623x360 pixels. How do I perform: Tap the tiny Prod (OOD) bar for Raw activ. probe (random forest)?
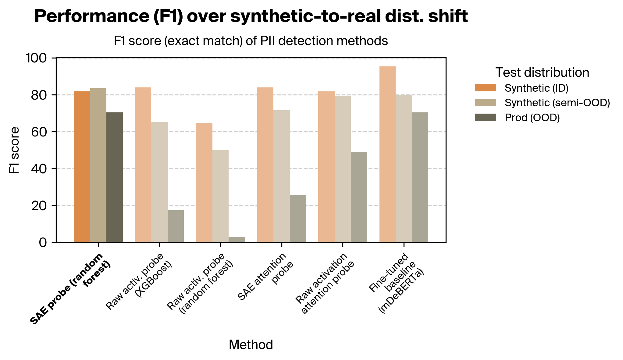pyautogui.click(x=237, y=240)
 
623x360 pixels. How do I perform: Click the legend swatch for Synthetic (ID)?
pyautogui.click(x=485, y=88)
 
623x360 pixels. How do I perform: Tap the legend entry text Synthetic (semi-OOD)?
pyautogui.click(x=557, y=103)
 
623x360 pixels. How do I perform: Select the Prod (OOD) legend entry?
pyautogui.click(x=532, y=118)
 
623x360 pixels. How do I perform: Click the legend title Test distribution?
pyautogui.click(x=542, y=72)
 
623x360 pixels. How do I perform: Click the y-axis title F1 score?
pyautogui.click(x=14, y=150)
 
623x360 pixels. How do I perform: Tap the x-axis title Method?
pyautogui.click(x=251, y=345)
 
